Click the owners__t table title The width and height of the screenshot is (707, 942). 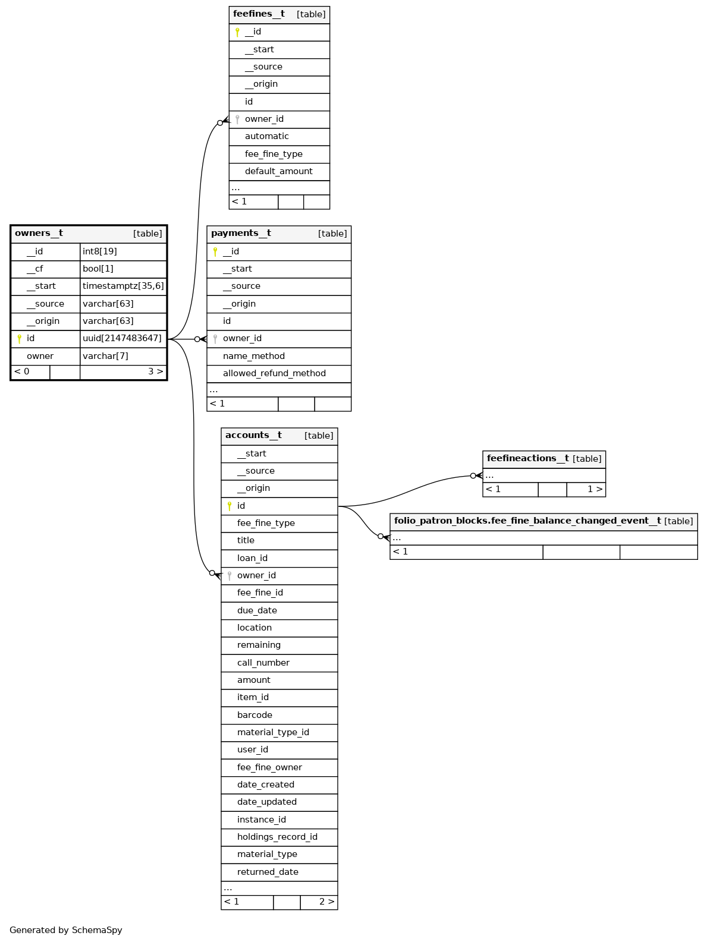[39, 234]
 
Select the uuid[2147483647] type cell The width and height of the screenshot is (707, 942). [122, 339]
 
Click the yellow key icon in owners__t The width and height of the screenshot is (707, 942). [19, 339]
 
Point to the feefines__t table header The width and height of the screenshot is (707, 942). [259, 14]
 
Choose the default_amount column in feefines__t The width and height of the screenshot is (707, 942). [278, 172]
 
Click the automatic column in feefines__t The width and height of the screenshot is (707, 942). [266, 137]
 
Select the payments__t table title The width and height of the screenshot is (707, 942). [241, 234]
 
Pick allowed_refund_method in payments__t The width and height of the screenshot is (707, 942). [274, 374]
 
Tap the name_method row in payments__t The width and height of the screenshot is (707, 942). [254, 357]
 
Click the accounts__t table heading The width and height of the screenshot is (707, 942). [253, 436]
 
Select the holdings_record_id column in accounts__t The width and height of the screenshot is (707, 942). [277, 837]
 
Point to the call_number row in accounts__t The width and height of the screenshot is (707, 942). [263, 663]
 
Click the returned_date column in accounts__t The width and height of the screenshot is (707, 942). [268, 872]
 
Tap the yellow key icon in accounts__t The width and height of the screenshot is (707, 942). [230, 506]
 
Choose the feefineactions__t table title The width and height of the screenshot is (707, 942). [527, 459]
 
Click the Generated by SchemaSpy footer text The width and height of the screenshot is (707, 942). [66, 930]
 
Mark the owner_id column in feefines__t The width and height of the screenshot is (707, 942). [264, 119]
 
